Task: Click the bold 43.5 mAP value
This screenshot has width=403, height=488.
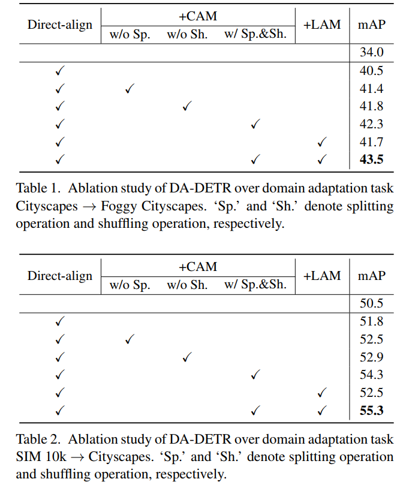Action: pos(372,160)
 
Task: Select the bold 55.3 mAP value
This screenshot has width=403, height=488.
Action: pos(372,411)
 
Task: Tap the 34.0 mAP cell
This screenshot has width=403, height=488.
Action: pos(372,53)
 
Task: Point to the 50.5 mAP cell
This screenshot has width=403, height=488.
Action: pos(372,303)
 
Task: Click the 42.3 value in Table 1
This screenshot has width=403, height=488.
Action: pos(372,125)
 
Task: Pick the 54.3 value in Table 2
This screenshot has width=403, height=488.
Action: pos(372,375)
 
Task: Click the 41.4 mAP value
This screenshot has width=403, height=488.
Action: pos(372,89)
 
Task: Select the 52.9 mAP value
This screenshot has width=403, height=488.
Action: pos(372,357)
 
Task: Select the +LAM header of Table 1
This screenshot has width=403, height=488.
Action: pos(322,25)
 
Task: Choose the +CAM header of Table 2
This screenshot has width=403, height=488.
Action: pos(198,266)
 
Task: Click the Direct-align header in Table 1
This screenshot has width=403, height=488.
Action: pos(60,25)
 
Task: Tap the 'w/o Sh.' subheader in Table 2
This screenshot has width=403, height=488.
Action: pos(187,285)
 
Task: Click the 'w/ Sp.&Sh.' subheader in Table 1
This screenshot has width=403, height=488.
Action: pos(255,34)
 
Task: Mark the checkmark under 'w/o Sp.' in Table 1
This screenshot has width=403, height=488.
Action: pos(130,89)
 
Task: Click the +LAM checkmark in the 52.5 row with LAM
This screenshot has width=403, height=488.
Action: pos(322,393)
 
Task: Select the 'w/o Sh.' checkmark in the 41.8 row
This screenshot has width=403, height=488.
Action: pos(187,107)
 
